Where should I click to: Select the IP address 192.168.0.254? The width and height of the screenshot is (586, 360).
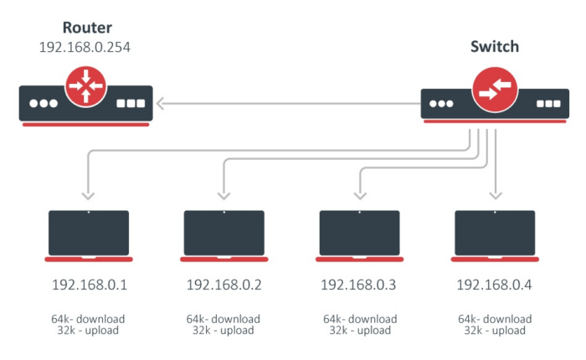[85, 48]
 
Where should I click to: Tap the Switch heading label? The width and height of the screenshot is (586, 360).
[493, 47]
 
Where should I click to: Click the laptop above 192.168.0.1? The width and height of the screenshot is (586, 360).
[89, 234]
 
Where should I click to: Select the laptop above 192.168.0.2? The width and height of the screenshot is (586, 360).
[224, 234]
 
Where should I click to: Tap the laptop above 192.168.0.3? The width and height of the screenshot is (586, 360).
[359, 234]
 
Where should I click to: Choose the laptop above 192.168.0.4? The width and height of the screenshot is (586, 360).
[494, 234]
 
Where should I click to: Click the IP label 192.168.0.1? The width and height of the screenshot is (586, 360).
[90, 285]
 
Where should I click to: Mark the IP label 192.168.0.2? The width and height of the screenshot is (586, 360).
[224, 285]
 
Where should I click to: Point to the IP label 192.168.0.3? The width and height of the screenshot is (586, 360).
[359, 285]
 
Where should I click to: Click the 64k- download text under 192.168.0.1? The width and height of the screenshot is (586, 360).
[89, 319]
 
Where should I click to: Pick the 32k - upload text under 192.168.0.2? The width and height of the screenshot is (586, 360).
[224, 331]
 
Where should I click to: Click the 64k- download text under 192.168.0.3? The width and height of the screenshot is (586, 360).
[359, 319]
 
